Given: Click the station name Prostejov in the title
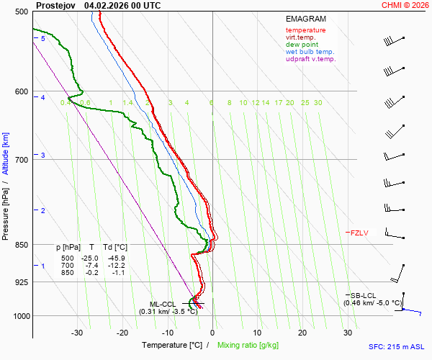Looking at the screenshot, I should (x=56, y=5).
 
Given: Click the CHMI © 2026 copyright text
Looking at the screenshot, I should (x=405, y=5).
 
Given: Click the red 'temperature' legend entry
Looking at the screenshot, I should (x=305, y=30).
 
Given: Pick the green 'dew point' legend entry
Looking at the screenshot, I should (x=303, y=45).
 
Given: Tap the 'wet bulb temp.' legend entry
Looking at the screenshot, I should (x=310, y=52).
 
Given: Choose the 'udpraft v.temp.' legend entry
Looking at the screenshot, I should (x=310, y=59).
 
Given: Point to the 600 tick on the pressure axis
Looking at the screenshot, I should (x=21, y=91).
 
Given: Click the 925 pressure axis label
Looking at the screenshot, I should (x=21, y=282).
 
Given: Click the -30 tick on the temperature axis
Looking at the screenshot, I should (x=77, y=333).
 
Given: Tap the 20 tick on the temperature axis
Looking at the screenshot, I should (x=303, y=333).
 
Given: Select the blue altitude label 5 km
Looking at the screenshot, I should (x=42, y=38).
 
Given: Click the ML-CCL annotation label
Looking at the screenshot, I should (x=162, y=304).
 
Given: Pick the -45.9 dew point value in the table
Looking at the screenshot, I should (x=115, y=258).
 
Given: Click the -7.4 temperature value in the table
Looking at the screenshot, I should (x=91, y=265).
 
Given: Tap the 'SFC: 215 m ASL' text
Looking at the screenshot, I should (x=396, y=346).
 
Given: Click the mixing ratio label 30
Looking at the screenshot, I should (x=318, y=103).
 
